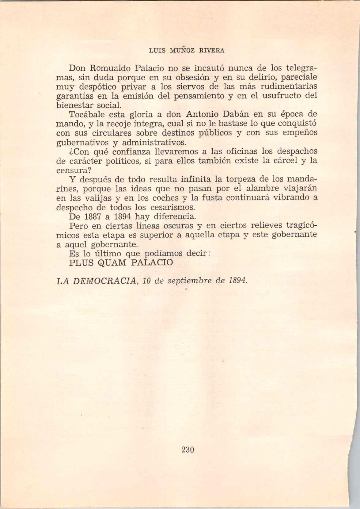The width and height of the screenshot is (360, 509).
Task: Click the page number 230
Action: point(188,450)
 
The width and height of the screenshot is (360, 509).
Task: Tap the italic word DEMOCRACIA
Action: point(105,281)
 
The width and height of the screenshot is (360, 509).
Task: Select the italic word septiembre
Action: point(188,281)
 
